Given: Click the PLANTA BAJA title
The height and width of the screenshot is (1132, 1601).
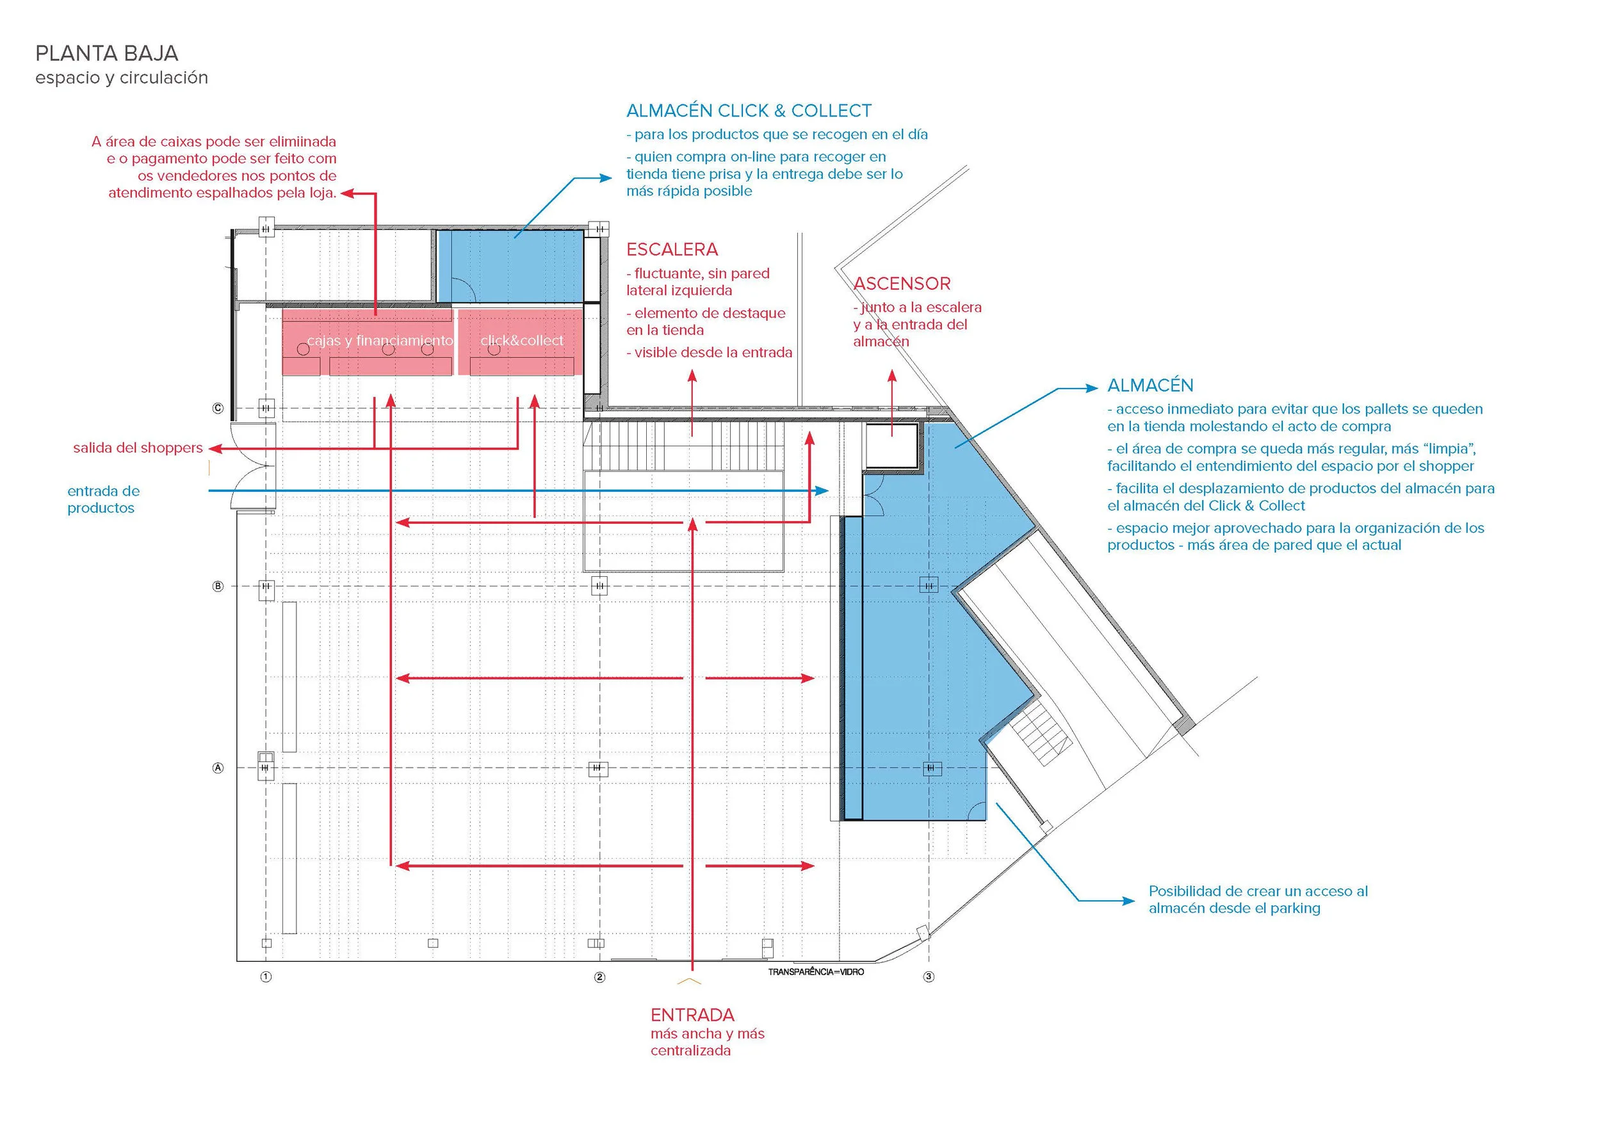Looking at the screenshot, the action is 107,54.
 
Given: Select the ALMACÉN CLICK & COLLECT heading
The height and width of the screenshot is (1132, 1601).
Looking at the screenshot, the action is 748,111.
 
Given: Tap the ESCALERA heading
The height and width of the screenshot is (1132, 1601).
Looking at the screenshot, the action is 672,250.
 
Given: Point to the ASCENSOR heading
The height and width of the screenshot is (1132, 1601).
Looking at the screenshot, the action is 902,284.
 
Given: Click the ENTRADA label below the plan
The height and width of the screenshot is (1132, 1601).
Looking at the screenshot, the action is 692,1015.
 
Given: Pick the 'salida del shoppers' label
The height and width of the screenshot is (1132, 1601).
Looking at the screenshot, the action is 138,448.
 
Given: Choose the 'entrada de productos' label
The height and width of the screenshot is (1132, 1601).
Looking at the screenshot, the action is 103,499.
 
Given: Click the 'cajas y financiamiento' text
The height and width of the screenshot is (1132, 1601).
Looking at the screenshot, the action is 379,341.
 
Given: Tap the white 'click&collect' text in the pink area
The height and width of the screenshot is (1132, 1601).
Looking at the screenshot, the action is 521,341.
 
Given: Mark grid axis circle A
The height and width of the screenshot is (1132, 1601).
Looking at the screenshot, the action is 218,768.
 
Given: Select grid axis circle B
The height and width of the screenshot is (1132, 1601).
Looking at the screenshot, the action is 218,586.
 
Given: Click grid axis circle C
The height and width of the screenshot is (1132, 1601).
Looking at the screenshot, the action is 218,408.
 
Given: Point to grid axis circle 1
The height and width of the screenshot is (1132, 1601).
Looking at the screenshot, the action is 266,976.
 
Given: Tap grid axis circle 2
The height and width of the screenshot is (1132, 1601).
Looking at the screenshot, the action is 599,976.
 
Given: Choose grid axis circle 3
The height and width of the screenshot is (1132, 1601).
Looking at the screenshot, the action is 929,976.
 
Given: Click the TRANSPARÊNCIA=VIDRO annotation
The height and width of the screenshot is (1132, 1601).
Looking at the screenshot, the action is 816,972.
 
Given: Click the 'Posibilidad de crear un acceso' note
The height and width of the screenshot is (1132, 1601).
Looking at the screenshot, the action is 1258,899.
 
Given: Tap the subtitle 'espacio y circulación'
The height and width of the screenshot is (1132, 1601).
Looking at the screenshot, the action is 121,77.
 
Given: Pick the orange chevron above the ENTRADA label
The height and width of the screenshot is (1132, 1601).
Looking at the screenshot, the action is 690,982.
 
